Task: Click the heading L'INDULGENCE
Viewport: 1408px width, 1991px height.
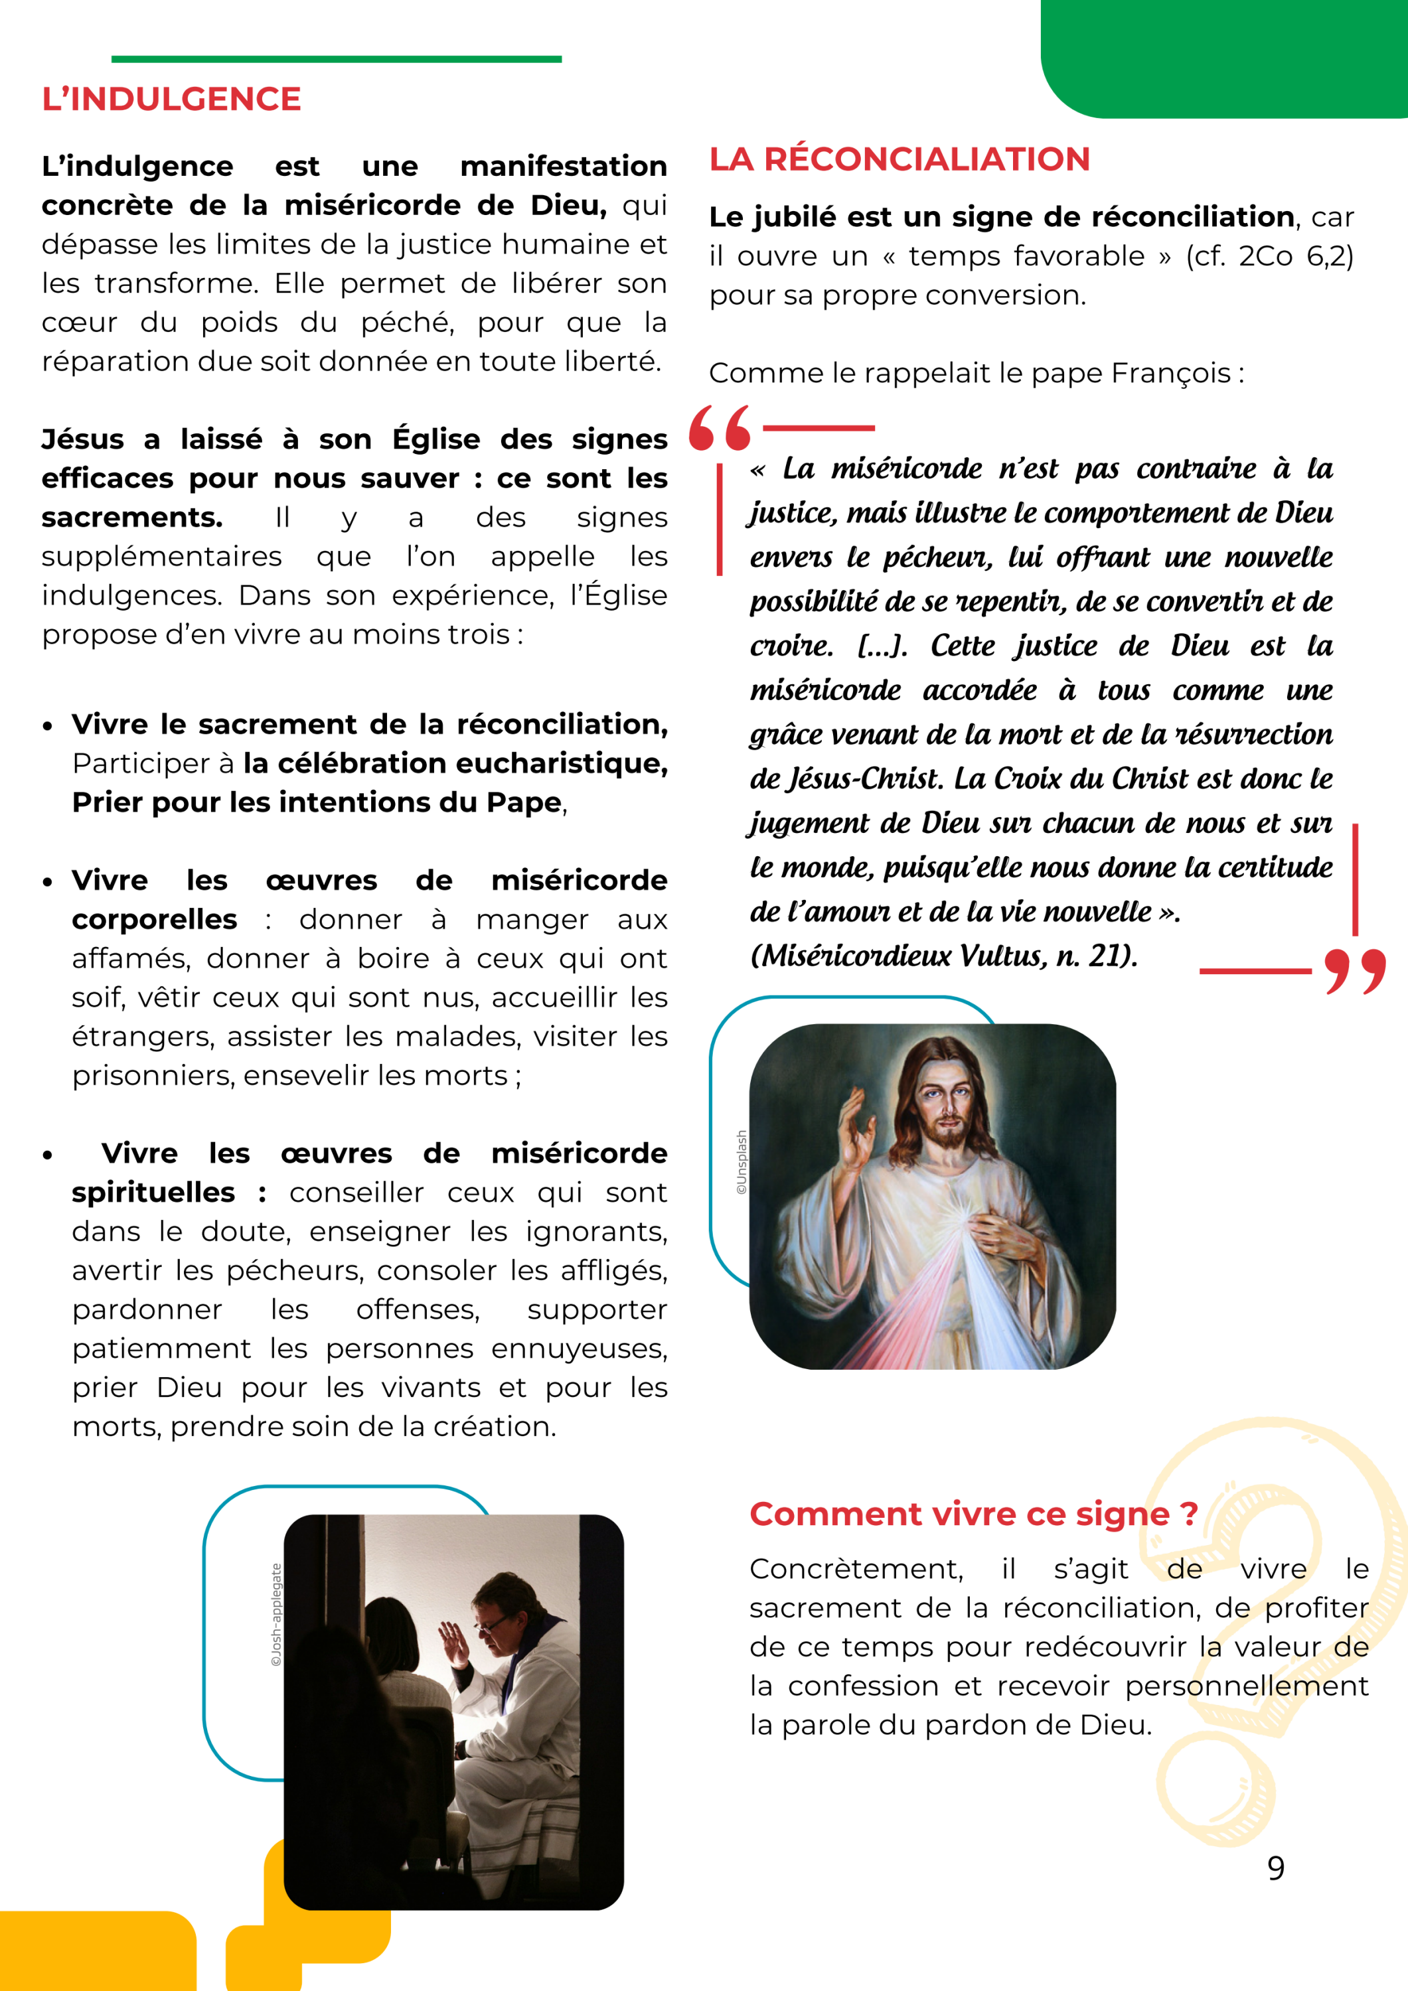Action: (x=172, y=99)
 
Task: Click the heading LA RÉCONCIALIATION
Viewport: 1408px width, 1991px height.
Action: (x=899, y=159)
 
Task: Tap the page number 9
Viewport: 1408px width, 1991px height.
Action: (x=1275, y=1867)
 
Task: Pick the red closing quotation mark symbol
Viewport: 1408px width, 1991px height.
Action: (x=1354, y=970)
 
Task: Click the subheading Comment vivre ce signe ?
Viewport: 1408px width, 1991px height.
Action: (x=973, y=1514)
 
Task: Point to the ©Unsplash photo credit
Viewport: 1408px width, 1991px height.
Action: (x=741, y=1162)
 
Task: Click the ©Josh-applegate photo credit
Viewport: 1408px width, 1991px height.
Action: (x=277, y=1614)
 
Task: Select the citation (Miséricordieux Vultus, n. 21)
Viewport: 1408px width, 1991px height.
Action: (x=943, y=956)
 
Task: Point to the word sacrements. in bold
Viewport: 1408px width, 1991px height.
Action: (x=132, y=518)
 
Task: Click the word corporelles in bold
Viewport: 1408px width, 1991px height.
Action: (x=155, y=919)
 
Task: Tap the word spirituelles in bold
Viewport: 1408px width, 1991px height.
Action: (x=153, y=1193)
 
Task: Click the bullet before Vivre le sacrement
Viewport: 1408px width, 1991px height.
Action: (x=48, y=726)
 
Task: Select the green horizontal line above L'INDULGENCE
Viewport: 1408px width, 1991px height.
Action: (x=337, y=59)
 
